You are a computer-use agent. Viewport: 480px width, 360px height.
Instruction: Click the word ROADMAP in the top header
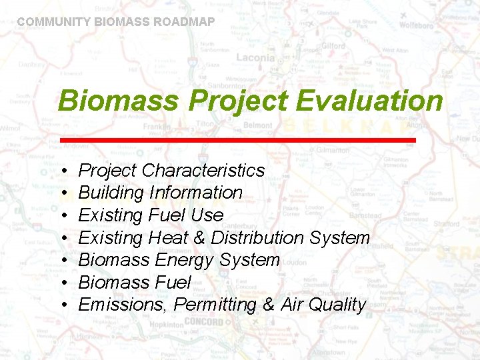point(184,22)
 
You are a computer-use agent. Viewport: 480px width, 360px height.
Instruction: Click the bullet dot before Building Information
point(62,193)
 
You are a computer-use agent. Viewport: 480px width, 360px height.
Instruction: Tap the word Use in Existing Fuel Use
point(207,215)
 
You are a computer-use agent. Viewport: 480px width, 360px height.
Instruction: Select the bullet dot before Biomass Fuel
point(62,283)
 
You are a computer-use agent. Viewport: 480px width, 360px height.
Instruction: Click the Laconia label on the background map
point(255,57)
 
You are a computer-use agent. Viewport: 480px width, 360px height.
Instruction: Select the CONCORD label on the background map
point(203,322)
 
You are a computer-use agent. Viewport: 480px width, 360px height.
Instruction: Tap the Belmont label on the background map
point(257,125)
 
